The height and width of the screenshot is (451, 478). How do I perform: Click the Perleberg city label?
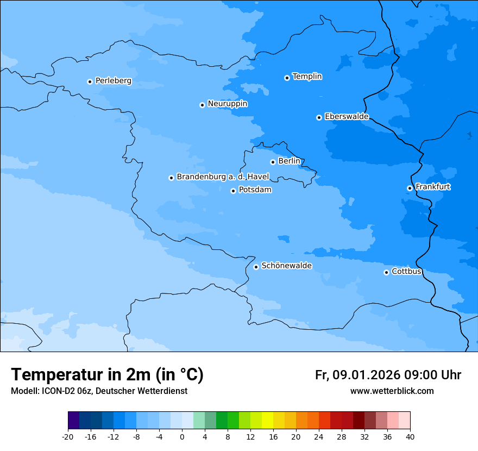click(x=113, y=81)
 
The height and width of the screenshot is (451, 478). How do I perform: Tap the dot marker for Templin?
click(x=287, y=78)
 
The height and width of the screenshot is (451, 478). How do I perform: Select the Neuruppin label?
click(x=227, y=104)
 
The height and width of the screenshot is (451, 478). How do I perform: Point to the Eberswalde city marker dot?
click(x=319, y=117)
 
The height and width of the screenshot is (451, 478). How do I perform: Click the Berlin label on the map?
click(x=289, y=161)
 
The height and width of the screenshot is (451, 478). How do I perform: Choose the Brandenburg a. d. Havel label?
click(x=223, y=177)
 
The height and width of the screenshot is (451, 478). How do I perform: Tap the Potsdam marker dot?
click(x=233, y=191)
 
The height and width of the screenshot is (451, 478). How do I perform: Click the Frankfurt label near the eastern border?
click(x=432, y=187)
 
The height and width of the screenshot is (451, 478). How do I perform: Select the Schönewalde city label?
click(x=286, y=266)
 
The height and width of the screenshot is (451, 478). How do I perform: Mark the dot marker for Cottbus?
click(x=386, y=272)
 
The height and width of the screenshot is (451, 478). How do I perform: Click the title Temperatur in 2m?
click(x=107, y=375)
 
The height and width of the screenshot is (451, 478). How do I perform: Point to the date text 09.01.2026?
click(x=366, y=375)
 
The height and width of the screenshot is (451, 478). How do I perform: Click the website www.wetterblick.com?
click(x=392, y=391)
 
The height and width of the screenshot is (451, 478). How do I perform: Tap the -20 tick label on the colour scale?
click(x=68, y=437)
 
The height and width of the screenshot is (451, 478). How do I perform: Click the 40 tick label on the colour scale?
click(x=410, y=437)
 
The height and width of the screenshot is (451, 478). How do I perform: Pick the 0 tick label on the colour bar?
click(x=182, y=437)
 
